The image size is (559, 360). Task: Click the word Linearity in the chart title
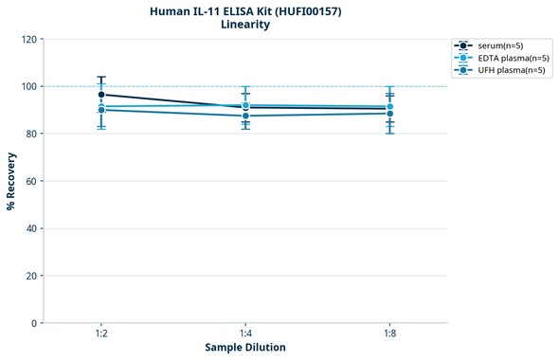click(245, 25)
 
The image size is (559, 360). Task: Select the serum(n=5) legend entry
click(499, 45)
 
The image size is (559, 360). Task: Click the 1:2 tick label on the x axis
click(101, 334)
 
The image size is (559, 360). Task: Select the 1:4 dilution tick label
click(245, 334)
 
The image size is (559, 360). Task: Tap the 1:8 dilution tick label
click(389, 334)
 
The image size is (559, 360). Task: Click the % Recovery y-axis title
click(11, 181)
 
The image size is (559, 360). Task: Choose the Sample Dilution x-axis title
click(245, 348)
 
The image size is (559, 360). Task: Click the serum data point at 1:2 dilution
click(101, 95)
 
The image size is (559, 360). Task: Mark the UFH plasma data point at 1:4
click(245, 116)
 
